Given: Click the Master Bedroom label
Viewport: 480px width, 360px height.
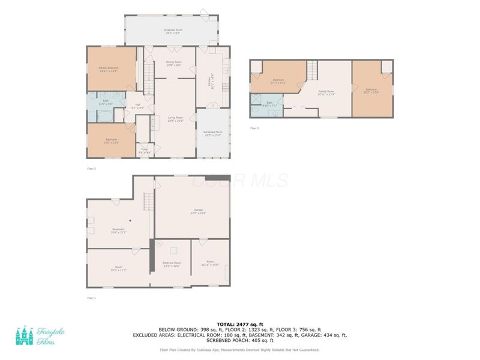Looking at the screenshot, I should click(x=109, y=69).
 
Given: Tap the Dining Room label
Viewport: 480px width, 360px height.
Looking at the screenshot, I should click(x=175, y=65).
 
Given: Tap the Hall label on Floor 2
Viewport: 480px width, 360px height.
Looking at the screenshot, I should click(x=137, y=107).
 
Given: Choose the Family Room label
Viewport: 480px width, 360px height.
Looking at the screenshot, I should click(x=326, y=92).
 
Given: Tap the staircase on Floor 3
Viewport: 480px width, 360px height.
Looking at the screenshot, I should click(x=312, y=70).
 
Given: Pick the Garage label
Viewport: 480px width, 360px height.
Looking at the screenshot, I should click(x=198, y=211).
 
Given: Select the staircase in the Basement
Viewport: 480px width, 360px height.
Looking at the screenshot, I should click(x=145, y=202).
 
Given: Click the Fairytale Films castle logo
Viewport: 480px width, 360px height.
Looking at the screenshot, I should click(x=25, y=337).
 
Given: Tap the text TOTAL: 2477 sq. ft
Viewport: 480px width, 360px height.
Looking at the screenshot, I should click(x=239, y=325).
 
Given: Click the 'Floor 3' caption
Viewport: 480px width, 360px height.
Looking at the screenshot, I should click(x=254, y=128).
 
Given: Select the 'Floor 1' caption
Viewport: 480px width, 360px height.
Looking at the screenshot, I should click(x=91, y=298).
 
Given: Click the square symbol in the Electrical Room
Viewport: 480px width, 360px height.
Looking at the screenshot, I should click(x=172, y=251).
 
